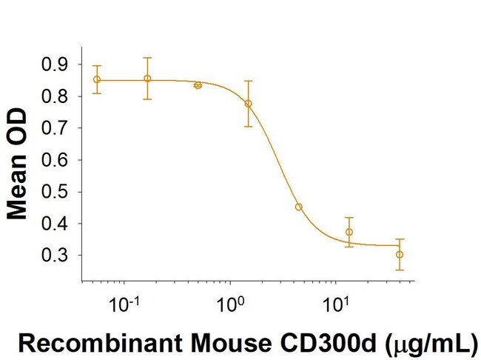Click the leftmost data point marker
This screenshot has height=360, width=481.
coord(97,80)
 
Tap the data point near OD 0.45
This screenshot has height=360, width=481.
coord(299,207)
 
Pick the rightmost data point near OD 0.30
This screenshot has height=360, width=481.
coord(400,254)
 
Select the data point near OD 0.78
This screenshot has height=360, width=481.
coord(249,104)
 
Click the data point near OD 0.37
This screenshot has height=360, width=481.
coord(349,232)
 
